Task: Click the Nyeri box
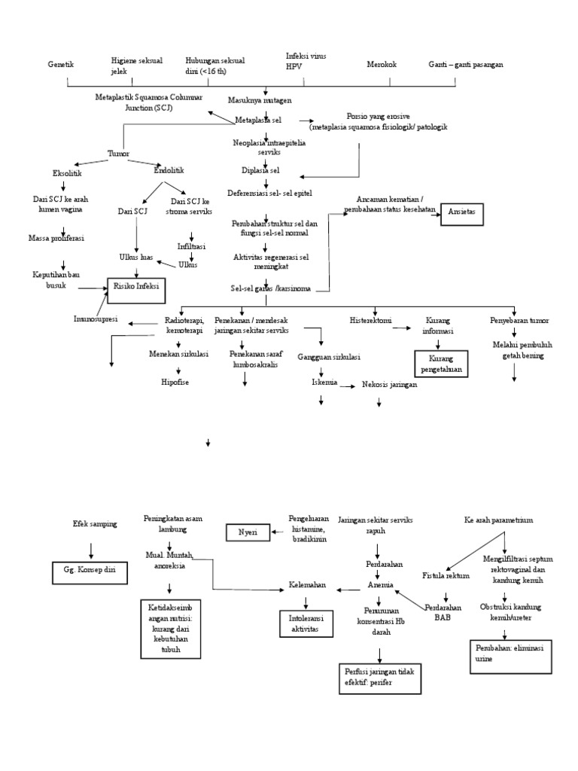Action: click(x=248, y=532)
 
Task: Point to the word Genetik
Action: click(x=60, y=65)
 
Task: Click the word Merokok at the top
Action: click(x=382, y=65)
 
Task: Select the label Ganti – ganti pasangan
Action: click(x=466, y=65)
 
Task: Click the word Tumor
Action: click(x=118, y=153)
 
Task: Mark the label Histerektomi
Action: click(x=370, y=320)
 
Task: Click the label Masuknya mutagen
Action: click(x=260, y=99)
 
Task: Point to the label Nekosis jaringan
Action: click(x=388, y=385)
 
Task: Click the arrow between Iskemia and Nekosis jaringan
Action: click(x=348, y=386)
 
